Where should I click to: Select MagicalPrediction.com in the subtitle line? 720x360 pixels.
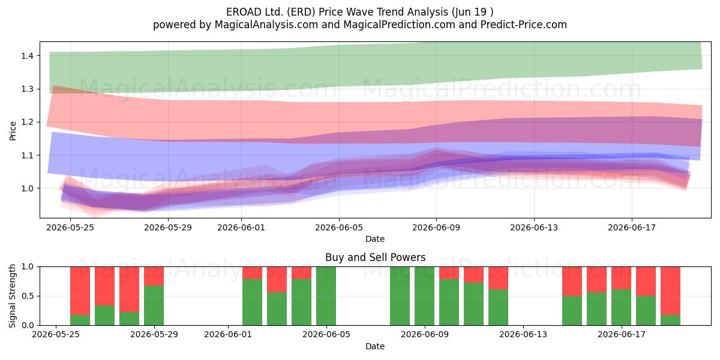pos(399,25)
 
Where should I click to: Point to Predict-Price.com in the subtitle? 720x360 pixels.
pos(524,25)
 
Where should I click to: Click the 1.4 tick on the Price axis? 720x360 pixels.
pos(28,56)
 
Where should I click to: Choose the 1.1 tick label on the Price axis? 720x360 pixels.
pos(28,155)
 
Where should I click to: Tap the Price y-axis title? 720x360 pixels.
pos(13,131)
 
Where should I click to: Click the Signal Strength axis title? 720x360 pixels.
pos(12,296)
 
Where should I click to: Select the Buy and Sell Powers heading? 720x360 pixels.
pos(375,257)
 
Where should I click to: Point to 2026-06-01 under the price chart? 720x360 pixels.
pos(241,227)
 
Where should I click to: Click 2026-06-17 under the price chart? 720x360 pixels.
pos(632,227)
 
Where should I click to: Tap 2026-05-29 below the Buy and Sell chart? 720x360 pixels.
pos(154,334)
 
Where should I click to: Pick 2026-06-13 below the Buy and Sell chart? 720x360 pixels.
pos(523,334)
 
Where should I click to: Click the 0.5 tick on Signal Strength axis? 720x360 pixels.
pos(28,296)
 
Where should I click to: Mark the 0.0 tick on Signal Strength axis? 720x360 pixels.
pos(28,325)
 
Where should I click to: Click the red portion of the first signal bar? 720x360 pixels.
pos(80,290)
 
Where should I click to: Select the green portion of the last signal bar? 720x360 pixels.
pos(670,320)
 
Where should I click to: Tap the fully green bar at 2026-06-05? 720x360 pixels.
pos(326,296)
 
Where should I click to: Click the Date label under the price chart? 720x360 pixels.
pos(375,239)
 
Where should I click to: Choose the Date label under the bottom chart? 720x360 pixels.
pos(375,346)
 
